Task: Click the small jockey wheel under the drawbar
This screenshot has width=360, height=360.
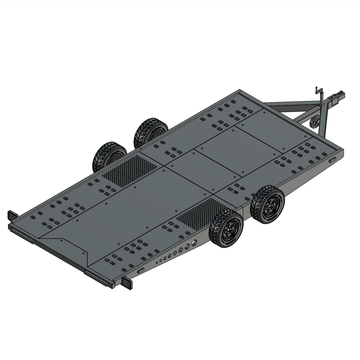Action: [x=316, y=121]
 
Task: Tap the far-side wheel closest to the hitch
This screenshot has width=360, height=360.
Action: [x=151, y=132]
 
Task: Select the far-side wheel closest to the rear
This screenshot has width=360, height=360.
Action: [x=109, y=157]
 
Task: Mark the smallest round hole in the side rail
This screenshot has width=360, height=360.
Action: [x=156, y=262]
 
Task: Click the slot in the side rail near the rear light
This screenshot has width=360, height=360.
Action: [x=141, y=270]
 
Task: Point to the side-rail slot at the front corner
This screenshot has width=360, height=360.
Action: [x=332, y=159]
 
